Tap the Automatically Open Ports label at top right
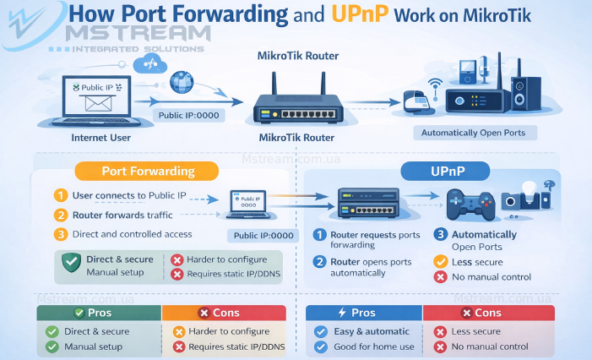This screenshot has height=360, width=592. pos(472,134)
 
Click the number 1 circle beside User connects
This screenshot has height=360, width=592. pos(60,196)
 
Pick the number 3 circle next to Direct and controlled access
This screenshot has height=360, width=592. pos(60,234)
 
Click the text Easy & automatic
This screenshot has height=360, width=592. pos(372,331)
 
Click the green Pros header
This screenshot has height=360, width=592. pos(99,313)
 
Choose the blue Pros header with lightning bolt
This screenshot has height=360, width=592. pos(363,313)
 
